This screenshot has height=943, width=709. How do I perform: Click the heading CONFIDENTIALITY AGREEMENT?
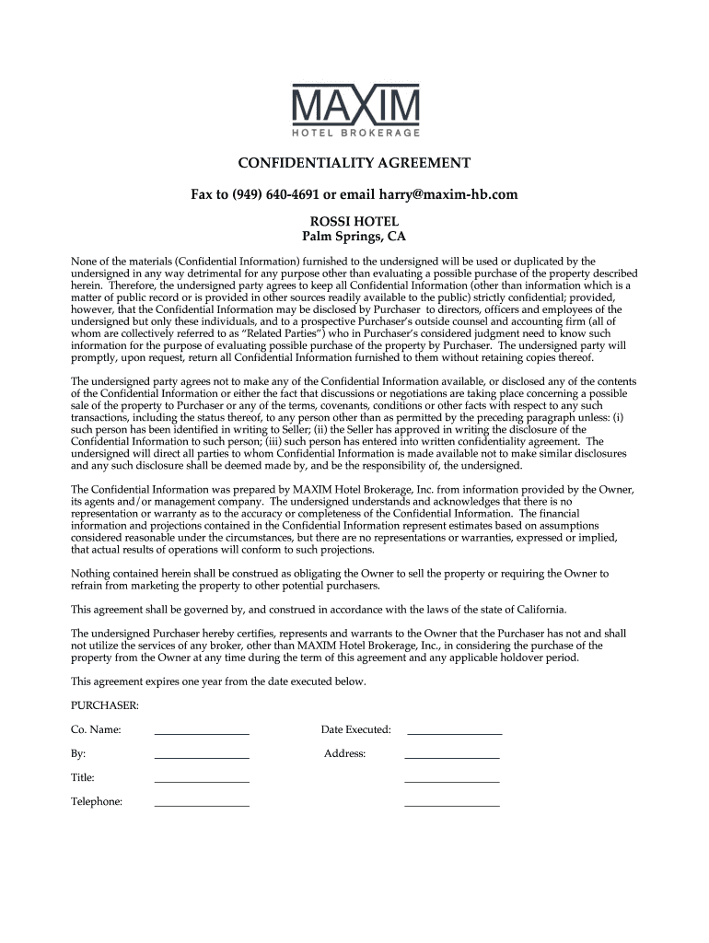354,163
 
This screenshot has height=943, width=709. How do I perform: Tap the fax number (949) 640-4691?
271,194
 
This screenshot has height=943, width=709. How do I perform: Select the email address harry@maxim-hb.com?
442,194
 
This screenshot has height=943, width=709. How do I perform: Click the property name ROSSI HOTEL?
354,222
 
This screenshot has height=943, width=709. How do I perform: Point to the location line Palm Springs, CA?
354,238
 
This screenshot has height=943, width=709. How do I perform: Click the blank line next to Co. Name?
202,732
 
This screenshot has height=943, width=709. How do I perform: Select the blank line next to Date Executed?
454,732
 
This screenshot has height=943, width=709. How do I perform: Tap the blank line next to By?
202,756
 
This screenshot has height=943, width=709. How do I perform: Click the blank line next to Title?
202,780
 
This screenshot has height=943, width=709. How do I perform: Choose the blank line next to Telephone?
202,804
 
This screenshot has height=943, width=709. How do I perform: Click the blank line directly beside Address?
451,756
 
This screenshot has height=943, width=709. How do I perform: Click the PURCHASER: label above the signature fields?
105,704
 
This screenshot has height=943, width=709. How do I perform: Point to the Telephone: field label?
97,801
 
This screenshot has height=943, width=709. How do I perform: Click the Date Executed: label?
355,729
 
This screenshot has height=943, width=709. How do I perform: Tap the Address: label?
344,753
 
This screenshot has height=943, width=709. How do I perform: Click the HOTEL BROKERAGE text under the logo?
354,134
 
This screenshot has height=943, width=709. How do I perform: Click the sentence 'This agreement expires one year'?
218,681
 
